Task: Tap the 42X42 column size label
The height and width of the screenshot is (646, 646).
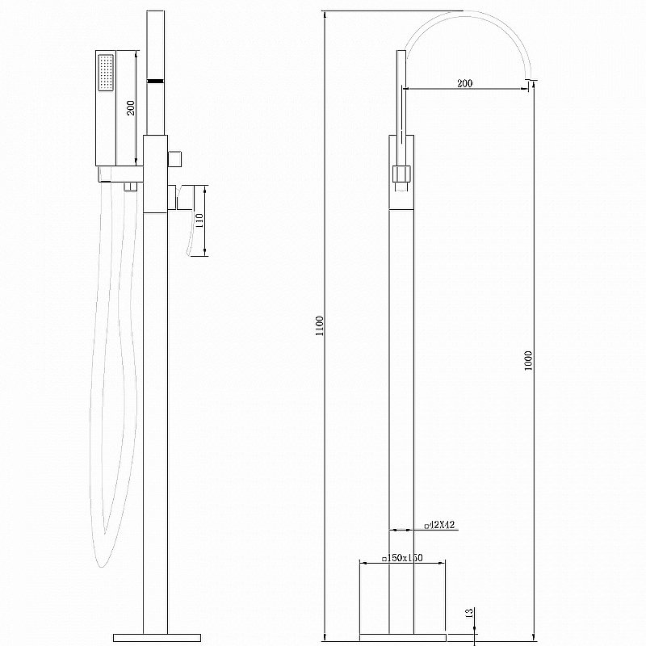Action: click(x=440, y=526)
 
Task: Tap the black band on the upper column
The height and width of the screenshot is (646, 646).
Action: click(x=153, y=80)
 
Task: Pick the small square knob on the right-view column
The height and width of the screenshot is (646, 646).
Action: click(x=401, y=174)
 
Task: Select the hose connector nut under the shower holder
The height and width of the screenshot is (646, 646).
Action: click(x=127, y=187)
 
